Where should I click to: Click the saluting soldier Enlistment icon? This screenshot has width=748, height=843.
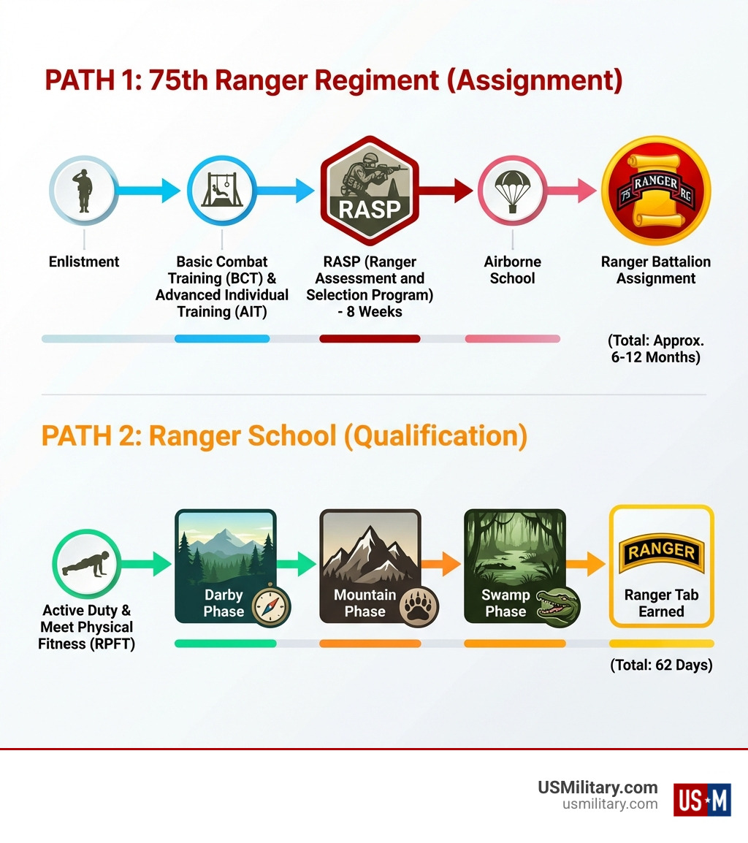(84, 191)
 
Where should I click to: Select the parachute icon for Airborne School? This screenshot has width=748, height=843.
(512, 191)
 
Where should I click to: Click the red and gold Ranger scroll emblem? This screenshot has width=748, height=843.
(655, 191)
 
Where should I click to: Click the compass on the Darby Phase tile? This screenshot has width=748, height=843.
(271, 605)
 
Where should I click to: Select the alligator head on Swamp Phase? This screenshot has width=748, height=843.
(558, 605)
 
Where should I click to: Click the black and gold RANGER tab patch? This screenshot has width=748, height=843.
(661, 555)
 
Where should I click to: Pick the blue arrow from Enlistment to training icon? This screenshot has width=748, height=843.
(150, 191)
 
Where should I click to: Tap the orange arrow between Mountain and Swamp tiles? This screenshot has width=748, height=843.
(442, 564)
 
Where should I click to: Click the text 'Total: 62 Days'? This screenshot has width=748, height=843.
(661, 665)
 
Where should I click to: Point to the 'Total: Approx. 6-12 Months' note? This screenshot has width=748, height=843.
(655, 349)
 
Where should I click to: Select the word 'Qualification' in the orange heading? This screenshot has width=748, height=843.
(435, 436)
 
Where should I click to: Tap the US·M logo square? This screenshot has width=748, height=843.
(701, 799)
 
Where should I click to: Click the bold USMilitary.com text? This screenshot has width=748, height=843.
(598, 787)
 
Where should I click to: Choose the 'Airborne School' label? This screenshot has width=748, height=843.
(512, 270)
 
